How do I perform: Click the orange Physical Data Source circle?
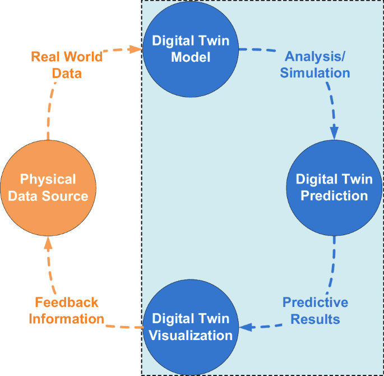48,187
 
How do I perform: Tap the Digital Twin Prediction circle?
334,187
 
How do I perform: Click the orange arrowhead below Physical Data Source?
48,242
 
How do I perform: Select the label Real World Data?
67,65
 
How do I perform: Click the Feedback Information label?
67,310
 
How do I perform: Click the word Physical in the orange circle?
48,180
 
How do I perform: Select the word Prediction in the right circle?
334,195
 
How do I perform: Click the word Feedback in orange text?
67,302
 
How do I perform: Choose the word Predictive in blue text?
315,302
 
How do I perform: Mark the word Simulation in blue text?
315,73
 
